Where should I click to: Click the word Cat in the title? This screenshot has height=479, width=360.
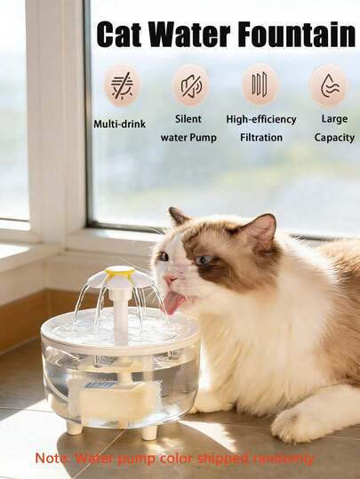tap(119, 34)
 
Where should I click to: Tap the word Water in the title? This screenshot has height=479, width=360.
tap(189, 34)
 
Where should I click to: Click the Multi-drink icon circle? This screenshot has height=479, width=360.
tap(121, 87)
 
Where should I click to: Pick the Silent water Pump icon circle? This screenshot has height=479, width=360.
tap(189, 85)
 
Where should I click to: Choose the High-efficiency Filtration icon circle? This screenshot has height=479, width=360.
tap(260, 84)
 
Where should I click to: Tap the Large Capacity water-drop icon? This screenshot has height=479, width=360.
tap(329, 85)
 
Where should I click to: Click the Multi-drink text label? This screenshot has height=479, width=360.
tap(119, 124)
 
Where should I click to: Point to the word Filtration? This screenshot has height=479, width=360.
tap(261, 138)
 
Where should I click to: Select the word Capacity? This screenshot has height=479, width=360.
tap(334, 138)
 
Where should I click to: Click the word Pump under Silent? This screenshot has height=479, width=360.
tap(204, 138)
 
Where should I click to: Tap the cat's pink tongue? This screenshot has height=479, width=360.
tap(174, 302)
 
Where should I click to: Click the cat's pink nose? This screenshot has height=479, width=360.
tap(171, 279)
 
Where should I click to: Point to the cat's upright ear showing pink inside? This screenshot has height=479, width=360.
tap(260, 231)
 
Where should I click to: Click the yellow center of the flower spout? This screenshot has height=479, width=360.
tap(120, 270)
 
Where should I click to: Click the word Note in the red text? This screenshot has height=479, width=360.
tap(46, 458)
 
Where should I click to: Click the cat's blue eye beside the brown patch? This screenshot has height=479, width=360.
tap(204, 260)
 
